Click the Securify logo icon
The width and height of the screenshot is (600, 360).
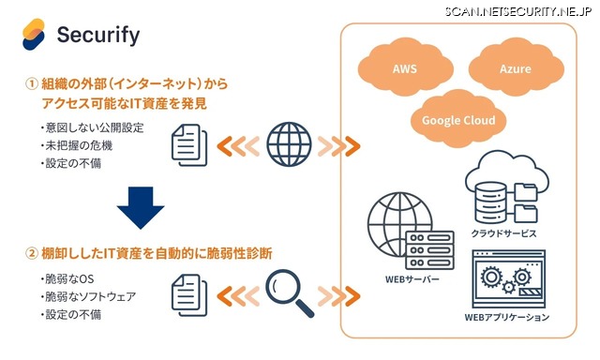click(34, 36)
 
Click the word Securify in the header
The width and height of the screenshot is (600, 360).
click(98, 36)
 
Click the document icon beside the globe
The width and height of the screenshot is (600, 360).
click(188, 146)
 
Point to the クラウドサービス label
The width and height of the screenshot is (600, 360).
click(505, 231)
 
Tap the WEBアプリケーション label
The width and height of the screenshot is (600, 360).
click(506, 318)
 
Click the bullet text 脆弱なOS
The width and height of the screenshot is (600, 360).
click(69, 278)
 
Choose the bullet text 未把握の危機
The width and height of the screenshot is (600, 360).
click(80, 145)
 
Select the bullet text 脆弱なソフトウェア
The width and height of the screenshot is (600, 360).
click(90, 296)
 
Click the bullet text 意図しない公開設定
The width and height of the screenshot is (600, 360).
click(92, 127)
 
